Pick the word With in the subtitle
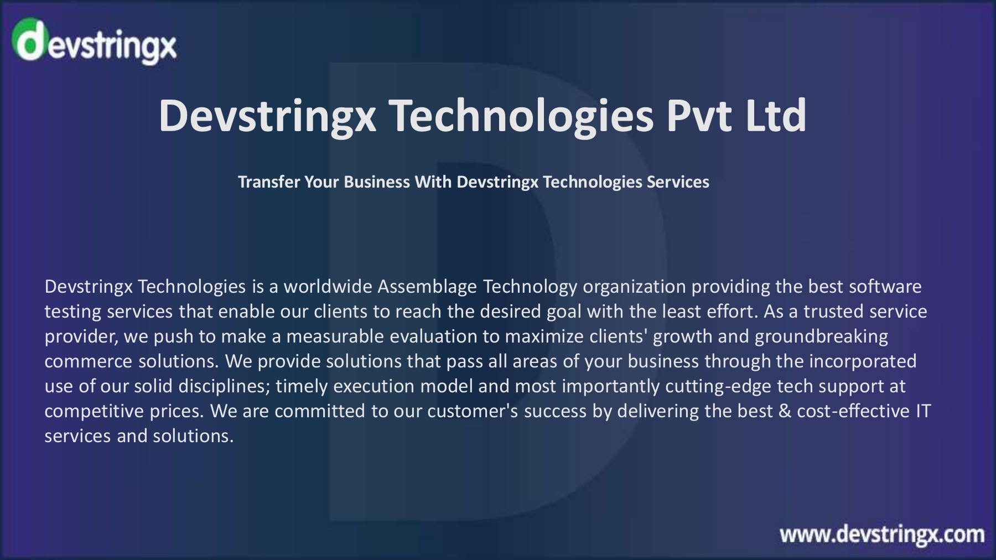tap(433, 182)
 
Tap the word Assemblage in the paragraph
tap(427, 287)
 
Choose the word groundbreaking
tap(821, 336)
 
